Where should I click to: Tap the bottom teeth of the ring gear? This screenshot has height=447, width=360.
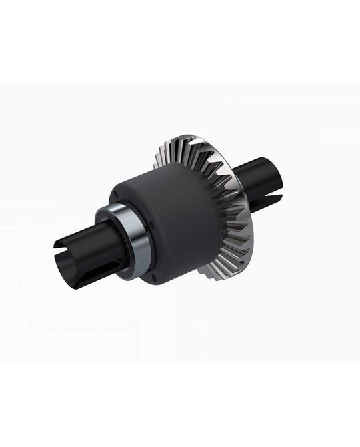click(220, 270)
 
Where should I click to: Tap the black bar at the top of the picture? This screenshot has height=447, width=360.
click(180, 40)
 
